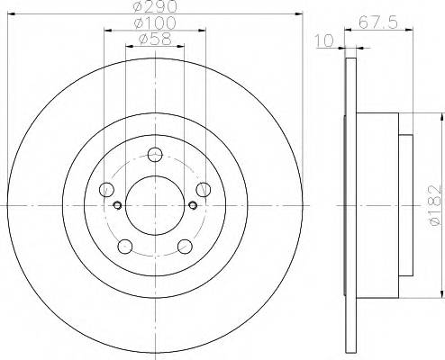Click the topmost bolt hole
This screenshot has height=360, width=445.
coord(155,154)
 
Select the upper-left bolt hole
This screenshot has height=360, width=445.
coord(107,188)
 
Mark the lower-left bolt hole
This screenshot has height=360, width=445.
coord(125,245)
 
